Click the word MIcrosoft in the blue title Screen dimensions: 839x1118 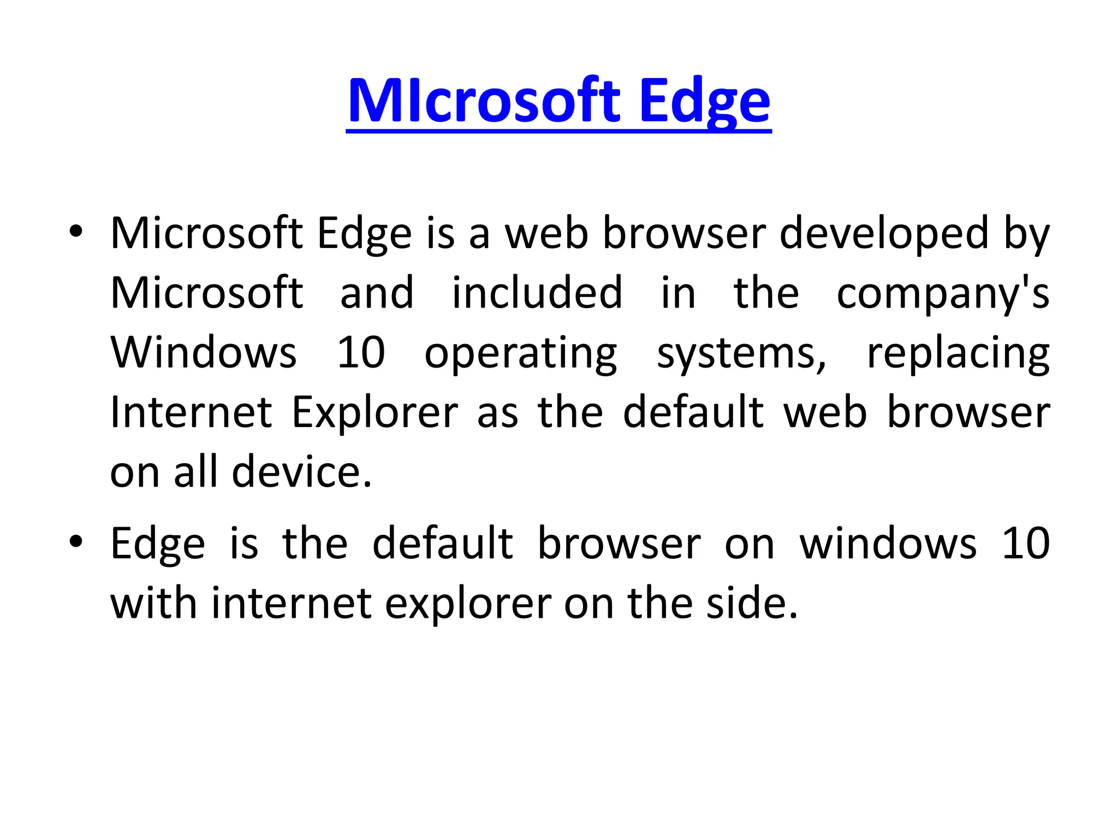pyautogui.click(x=484, y=102)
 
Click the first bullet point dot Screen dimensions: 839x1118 pyautogui.click(x=76, y=232)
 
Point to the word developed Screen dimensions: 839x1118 pyautogui.click(x=884, y=234)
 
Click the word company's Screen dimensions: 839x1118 pyautogui.click(x=943, y=293)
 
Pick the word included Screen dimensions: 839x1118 pyautogui.click(x=537, y=293)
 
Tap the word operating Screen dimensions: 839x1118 pyautogui.click(x=521, y=354)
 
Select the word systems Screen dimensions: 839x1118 pyautogui.click(x=741, y=354)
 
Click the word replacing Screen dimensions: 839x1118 pyautogui.click(x=958, y=354)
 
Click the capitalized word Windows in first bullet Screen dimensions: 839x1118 pyautogui.click(x=204, y=353)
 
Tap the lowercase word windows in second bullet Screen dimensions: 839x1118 pyautogui.click(x=888, y=544)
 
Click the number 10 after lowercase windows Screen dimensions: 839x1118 pyautogui.click(x=1026, y=544)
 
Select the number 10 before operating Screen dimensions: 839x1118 pyautogui.click(x=361, y=353)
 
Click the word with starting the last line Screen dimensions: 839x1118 pyautogui.click(x=153, y=604)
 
